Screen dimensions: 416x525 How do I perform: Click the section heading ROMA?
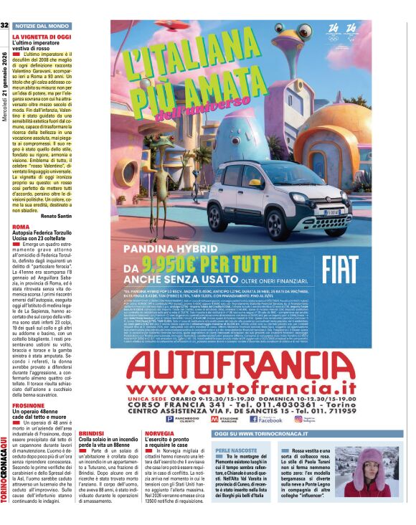(x=21, y=226)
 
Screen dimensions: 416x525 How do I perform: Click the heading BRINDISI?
(x=93, y=434)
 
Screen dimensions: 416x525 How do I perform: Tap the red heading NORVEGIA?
(x=159, y=434)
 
